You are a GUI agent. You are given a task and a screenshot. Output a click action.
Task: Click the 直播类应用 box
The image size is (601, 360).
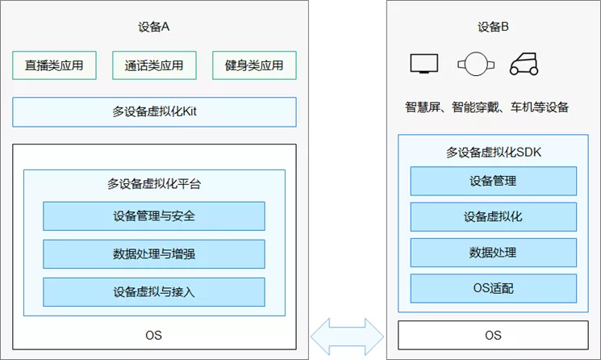pos(54,65)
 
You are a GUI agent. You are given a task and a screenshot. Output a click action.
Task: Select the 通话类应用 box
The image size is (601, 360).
pos(154,65)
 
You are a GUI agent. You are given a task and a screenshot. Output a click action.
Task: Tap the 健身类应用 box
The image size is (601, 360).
pos(254,65)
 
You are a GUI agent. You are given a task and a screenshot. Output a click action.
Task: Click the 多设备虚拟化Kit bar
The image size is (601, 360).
pos(154,112)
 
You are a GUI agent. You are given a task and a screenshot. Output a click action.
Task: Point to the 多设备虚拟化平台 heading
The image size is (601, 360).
pos(154,183)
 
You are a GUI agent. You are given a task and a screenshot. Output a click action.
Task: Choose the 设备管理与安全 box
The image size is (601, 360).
pos(154,216)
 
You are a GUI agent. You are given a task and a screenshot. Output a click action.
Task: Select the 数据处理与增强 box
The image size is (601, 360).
pos(154,253)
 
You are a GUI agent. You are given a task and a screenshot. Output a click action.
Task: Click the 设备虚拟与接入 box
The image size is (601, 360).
pos(154,291)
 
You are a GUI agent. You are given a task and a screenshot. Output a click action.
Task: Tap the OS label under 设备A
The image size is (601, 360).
pos(154,334)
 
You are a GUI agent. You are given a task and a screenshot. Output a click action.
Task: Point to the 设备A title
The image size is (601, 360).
pos(154,27)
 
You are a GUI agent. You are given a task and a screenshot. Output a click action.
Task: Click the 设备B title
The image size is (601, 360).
pos(493,27)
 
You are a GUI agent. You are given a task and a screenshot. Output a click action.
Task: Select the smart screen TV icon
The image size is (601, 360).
pos(424,64)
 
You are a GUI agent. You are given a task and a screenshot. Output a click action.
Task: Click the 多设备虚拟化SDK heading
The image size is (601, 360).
pos(493,151)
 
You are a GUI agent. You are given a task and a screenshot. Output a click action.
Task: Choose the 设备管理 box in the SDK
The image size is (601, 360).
pos(493,181)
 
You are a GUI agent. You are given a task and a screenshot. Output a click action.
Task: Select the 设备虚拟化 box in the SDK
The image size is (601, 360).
pos(493,216)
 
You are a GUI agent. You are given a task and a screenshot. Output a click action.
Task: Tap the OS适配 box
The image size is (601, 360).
pos(493,288)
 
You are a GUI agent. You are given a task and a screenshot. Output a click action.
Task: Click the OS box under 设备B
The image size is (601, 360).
pos(493,334)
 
